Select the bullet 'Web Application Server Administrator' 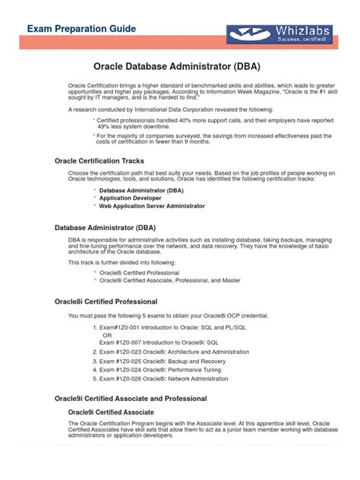tap(152, 206)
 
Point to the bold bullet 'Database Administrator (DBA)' tap(141, 190)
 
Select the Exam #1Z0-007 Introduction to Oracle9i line tap(159, 343)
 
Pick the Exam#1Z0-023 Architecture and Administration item tap(168, 352)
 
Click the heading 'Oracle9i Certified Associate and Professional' tap(131, 399)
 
